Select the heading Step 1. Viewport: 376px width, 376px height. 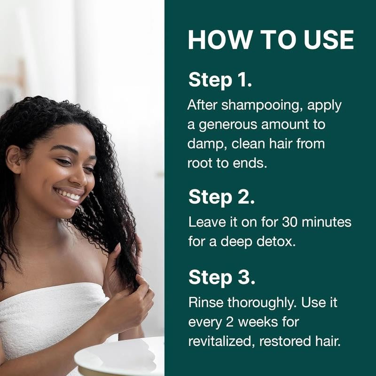tap(220, 80)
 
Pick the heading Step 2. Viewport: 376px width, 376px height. tap(221, 197)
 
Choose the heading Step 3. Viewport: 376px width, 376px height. tap(221, 278)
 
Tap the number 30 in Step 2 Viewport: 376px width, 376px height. tap(290, 222)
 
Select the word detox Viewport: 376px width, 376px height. tap(276, 242)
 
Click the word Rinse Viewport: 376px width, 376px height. tap(206, 302)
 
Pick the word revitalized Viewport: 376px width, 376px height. tap(221, 341)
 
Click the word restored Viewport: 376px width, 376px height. tap(285, 342)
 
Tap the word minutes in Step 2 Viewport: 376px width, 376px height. tap(326, 222)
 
